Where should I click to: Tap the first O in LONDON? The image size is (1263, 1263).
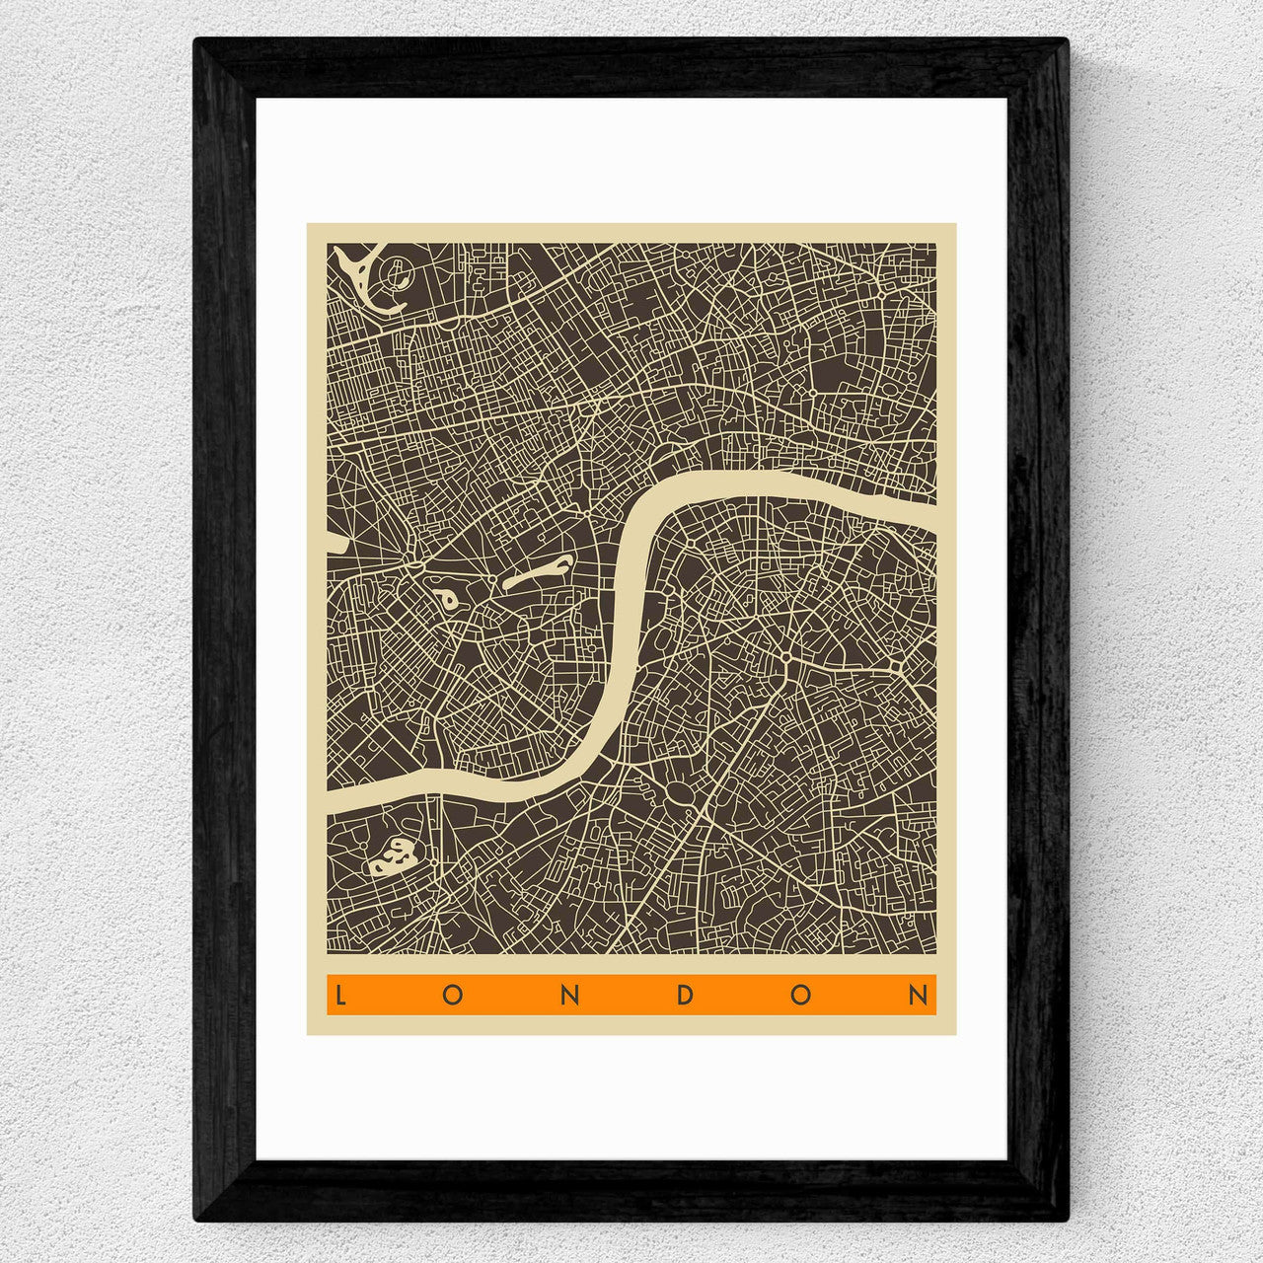[x=453, y=995]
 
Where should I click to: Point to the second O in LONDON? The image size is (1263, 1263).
[x=800, y=995]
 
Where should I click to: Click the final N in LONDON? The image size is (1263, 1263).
[x=918, y=995]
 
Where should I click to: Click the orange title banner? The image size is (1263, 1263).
[x=631, y=995]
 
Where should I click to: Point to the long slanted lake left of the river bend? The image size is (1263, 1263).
[x=537, y=573]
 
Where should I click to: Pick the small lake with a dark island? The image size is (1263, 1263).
[x=444, y=598]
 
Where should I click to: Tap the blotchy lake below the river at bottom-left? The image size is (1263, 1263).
[x=394, y=855]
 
